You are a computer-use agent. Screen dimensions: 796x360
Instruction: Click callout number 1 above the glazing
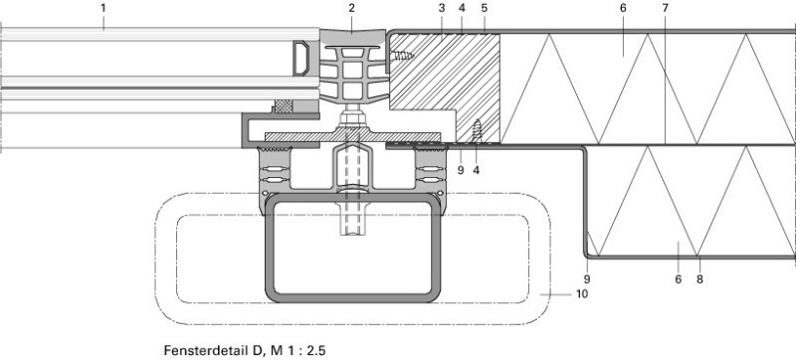click(x=103, y=8)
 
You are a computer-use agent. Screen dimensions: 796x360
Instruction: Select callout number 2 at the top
click(x=352, y=8)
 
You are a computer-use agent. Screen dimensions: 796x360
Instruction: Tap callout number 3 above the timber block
click(x=442, y=8)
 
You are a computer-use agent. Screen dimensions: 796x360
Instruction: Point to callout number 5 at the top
click(x=485, y=8)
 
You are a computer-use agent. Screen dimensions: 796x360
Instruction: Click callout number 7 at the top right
click(x=665, y=8)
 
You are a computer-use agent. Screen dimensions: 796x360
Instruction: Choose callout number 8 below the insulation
click(x=699, y=278)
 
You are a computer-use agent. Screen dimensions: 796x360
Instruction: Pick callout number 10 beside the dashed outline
click(x=582, y=293)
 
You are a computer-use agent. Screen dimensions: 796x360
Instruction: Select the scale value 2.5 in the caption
click(x=316, y=350)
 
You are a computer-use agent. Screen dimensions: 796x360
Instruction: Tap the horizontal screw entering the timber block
click(x=403, y=56)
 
